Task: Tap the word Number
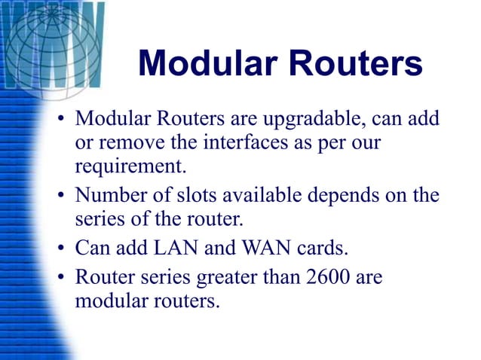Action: pyautogui.click(x=108, y=197)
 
